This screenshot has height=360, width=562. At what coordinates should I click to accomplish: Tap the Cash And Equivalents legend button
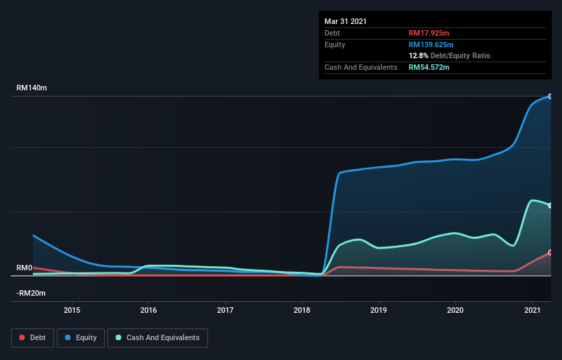157,337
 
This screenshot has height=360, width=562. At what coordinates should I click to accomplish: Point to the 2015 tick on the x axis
72,310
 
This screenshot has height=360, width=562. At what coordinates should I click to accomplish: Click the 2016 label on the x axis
149,310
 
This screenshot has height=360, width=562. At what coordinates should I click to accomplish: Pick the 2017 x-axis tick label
225,310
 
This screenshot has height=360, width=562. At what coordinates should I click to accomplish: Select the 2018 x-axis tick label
302,310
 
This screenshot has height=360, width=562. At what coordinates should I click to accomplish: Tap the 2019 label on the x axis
379,310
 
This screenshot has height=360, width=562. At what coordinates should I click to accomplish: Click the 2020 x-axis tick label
455,310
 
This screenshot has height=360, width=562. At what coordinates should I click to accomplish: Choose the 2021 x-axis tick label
532,310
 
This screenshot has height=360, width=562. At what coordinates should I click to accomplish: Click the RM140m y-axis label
31,88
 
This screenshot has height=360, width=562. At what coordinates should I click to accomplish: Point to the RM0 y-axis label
25,268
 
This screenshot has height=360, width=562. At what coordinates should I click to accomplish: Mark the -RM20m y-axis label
31,293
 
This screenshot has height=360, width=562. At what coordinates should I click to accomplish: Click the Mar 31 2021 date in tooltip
346,21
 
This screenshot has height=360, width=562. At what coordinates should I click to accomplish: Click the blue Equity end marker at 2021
550,97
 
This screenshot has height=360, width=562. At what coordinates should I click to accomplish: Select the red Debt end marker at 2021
550,253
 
